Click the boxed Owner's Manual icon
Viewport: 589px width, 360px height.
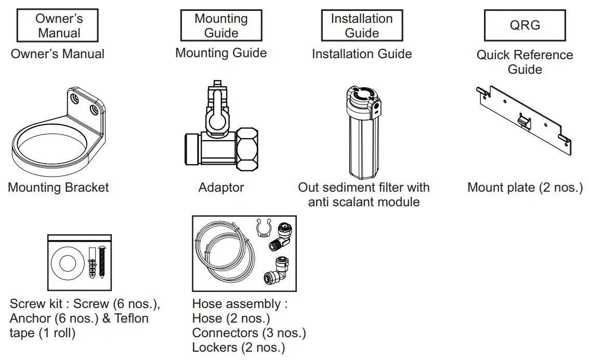(x=58, y=26)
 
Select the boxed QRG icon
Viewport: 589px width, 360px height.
(x=525, y=25)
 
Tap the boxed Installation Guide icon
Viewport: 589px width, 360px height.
(x=362, y=25)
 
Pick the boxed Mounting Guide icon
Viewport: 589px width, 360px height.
(x=221, y=25)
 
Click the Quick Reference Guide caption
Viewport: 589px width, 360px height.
(x=525, y=62)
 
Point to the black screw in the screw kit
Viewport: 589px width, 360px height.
(x=102, y=262)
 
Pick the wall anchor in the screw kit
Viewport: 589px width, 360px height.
(x=93, y=262)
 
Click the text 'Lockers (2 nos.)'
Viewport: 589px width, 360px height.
(x=239, y=348)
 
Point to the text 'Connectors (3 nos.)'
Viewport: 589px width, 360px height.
(x=249, y=333)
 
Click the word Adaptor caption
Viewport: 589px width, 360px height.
(x=221, y=187)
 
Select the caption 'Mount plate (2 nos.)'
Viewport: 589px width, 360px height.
(x=525, y=187)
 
